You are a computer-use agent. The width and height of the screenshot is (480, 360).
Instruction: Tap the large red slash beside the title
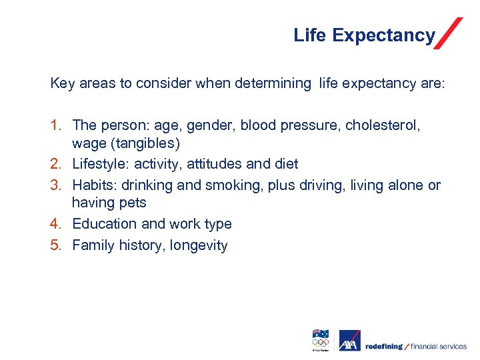[x=448, y=33]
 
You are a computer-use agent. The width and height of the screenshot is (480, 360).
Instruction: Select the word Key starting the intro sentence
[x=63, y=83]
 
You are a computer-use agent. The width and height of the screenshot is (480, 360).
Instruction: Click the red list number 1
[x=56, y=125]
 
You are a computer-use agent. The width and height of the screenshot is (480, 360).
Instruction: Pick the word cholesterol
[x=392, y=125]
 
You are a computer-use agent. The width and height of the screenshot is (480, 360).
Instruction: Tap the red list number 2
[x=56, y=163]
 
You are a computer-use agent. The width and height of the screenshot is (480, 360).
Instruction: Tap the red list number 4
[x=56, y=223]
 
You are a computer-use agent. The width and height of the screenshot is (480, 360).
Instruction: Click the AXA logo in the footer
[x=349, y=341]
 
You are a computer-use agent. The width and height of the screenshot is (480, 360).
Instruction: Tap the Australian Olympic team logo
[x=321, y=339]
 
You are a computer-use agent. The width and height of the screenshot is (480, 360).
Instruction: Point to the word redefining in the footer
[x=384, y=346]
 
